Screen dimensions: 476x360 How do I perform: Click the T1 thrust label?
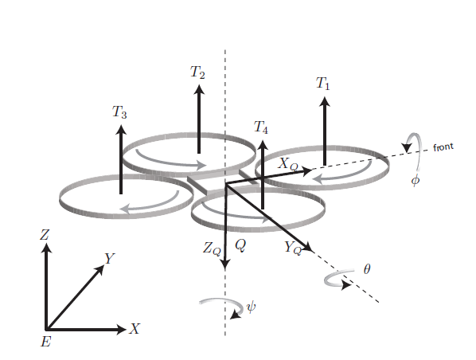click(322, 84)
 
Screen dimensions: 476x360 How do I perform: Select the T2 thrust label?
click(197, 72)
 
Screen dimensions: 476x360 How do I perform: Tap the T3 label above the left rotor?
click(119, 112)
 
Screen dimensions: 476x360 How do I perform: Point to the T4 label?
click(261, 127)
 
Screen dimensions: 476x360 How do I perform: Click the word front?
click(443, 147)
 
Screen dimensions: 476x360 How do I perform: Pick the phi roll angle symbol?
click(416, 181)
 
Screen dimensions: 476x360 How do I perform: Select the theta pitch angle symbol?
click(367, 269)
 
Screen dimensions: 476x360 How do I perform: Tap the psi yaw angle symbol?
click(251, 307)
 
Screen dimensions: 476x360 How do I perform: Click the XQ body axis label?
click(288, 164)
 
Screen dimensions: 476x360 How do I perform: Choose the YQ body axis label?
click(293, 248)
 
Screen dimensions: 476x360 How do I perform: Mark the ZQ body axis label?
click(212, 249)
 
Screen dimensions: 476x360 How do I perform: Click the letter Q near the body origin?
click(240, 245)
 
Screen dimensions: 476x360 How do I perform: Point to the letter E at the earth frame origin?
click(46, 342)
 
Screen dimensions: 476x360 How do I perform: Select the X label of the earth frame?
click(135, 329)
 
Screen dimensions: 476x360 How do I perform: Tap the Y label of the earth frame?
click(109, 259)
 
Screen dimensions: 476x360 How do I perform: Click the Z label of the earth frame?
click(45, 235)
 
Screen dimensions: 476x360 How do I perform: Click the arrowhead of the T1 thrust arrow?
click(325, 102)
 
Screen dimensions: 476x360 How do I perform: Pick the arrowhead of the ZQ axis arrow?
click(224, 264)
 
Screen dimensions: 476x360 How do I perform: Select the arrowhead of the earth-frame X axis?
click(122, 329)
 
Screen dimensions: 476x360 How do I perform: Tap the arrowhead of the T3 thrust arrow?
click(121, 130)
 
